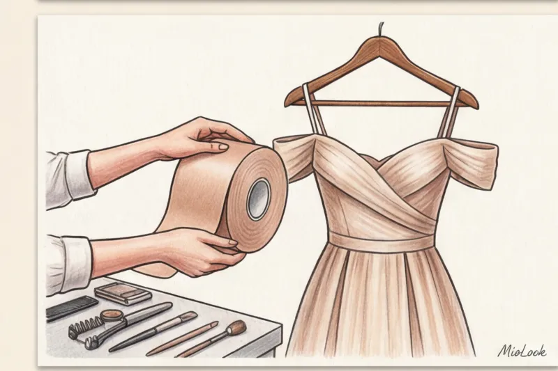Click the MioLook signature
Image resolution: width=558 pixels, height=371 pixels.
click(522, 351)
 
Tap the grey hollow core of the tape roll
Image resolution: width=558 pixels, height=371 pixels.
click(259, 200)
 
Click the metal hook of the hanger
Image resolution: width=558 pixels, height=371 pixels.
click(381, 29)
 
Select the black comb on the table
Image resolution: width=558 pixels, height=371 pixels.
click(71, 308)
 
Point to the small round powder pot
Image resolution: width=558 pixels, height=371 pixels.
click(112, 315)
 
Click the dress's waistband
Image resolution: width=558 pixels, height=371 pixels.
click(381, 242)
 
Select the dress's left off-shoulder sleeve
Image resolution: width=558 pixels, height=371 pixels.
click(294, 156)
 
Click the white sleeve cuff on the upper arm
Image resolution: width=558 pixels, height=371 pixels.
click(78, 175)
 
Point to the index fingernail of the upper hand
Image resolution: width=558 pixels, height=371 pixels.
click(223, 146)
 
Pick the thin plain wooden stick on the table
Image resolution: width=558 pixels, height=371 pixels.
click(182, 339)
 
